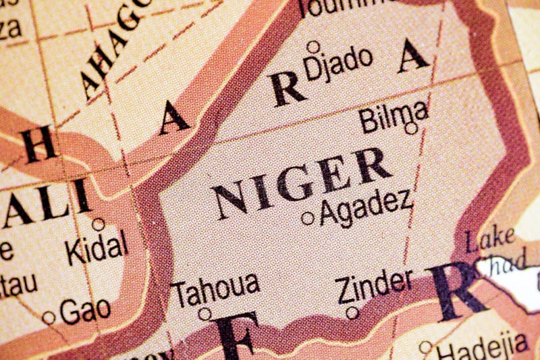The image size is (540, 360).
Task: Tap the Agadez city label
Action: (x=365, y=207)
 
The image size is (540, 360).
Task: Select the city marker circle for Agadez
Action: (x=308, y=218)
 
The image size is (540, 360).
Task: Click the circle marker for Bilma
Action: (x=411, y=128)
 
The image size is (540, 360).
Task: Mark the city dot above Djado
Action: (x=313, y=47)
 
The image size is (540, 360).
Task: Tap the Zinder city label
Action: (x=374, y=287)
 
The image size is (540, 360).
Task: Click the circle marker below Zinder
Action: (x=352, y=313)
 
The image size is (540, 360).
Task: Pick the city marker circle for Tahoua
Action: (x=205, y=313)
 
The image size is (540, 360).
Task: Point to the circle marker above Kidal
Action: (x=99, y=224)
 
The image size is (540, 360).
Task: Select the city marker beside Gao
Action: (x=49, y=317)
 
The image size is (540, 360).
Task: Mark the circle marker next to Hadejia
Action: (x=425, y=347)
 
